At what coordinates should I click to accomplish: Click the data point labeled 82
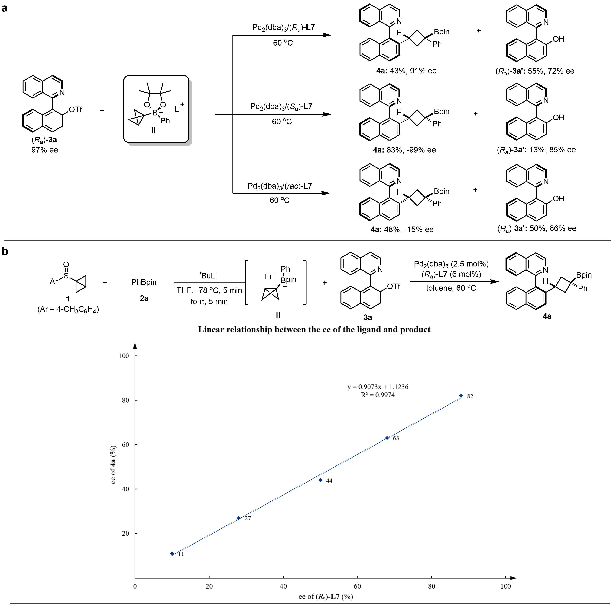click(x=461, y=395)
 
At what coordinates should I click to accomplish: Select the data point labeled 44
click(x=320, y=480)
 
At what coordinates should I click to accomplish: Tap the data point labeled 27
click(x=239, y=518)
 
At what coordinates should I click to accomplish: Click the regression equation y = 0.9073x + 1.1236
click(x=378, y=387)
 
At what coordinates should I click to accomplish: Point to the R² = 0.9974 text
click(x=378, y=395)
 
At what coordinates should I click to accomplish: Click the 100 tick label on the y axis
click(x=123, y=356)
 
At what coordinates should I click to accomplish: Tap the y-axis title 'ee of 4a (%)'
click(x=113, y=465)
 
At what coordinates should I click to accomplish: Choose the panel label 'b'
click(x=5, y=252)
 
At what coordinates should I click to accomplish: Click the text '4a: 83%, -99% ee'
click(x=404, y=150)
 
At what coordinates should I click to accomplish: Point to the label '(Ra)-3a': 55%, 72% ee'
click(x=535, y=71)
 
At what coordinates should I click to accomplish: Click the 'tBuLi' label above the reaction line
click(x=209, y=275)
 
